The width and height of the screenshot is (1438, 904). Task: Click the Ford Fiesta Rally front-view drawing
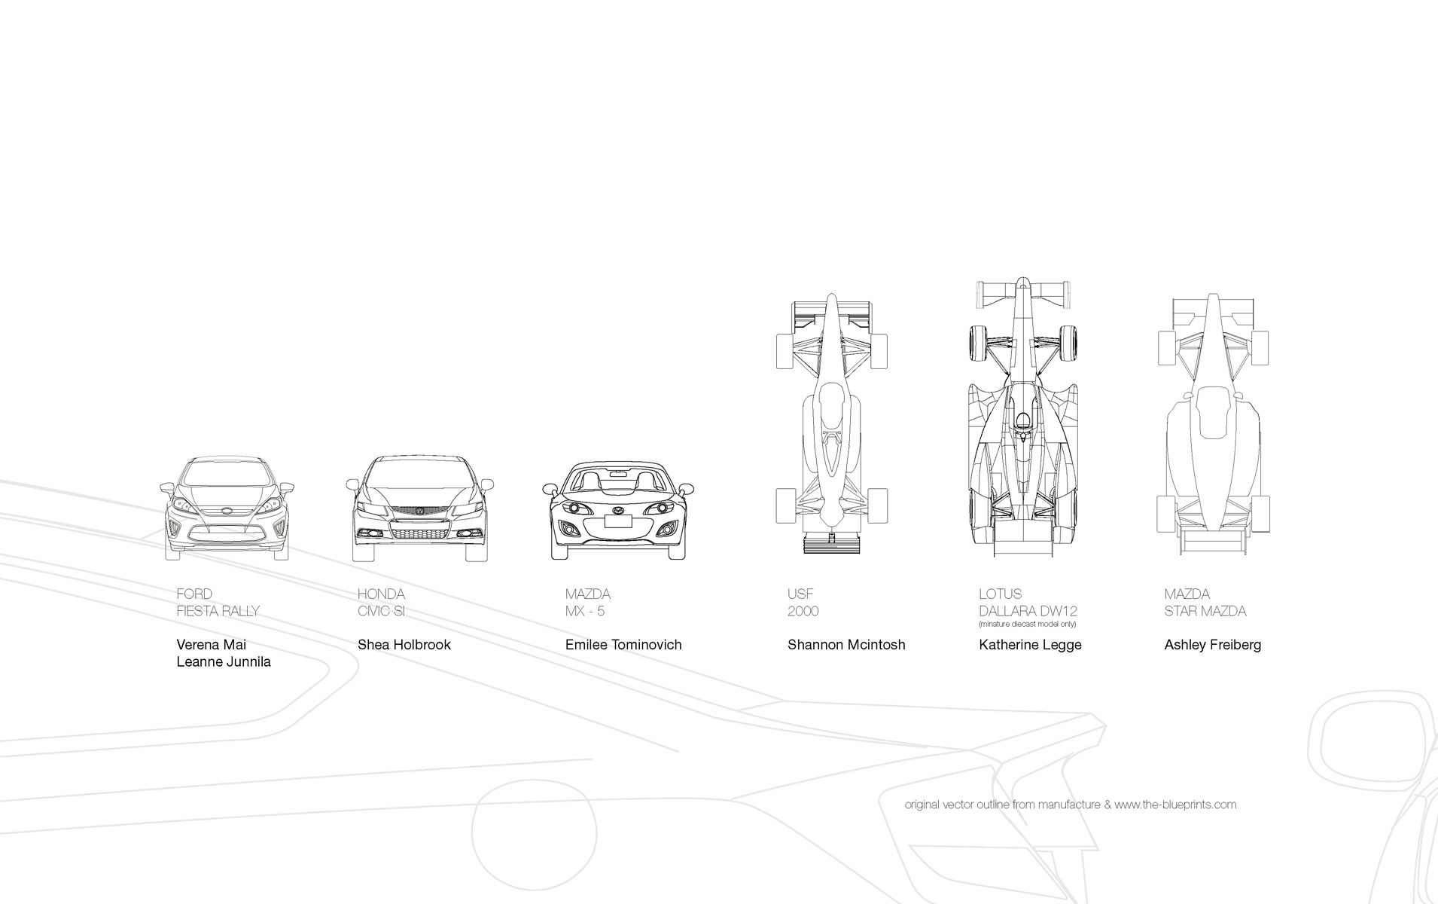tap(227, 508)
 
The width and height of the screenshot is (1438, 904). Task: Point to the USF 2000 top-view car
tap(831, 422)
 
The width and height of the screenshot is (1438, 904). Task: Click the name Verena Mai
tap(211, 645)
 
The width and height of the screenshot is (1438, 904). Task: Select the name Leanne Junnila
tap(223, 662)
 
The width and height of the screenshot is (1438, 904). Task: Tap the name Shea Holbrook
tap(404, 645)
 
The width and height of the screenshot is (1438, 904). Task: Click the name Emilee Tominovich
tap(623, 645)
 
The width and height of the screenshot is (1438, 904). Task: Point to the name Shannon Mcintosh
tap(845, 645)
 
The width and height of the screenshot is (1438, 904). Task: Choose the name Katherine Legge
tap(1029, 645)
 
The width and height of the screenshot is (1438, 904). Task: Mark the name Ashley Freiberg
tap(1212, 645)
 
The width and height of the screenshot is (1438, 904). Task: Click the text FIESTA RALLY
tap(218, 611)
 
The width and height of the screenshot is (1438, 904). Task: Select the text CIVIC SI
tap(381, 611)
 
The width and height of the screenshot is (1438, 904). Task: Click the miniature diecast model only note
tap(1027, 625)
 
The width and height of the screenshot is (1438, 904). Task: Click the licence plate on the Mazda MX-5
tap(618, 520)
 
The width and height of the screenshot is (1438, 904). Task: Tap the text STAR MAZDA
tap(1205, 611)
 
